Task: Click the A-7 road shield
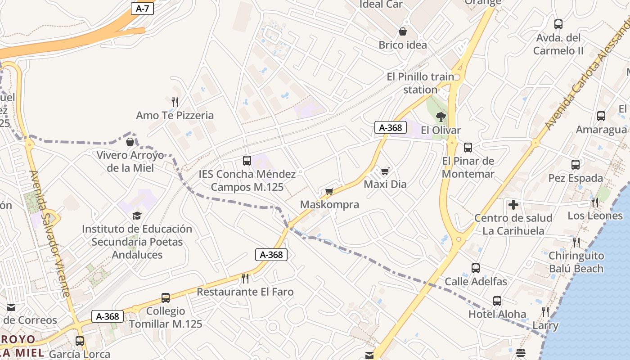tap(142, 9)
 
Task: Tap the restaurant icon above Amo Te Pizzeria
tap(175, 102)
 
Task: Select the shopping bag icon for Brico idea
tap(403, 32)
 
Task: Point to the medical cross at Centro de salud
tap(513, 205)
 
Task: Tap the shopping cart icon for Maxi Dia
tap(385, 171)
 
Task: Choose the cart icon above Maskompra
tap(329, 192)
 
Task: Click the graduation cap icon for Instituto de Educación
tap(137, 216)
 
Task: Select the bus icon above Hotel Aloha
tap(497, 301)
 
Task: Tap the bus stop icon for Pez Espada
tap(576, 165)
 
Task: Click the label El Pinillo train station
tap(421, 83)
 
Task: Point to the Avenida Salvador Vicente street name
tap(50, 234)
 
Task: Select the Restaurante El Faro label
tap(245, 292)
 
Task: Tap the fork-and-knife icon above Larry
tap(545, 312)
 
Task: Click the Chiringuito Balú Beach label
tap(576, 262)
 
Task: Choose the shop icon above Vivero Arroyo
tap(130, 142)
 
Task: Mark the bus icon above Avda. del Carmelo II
tap(558, 25)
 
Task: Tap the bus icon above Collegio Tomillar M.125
tap(166, 298)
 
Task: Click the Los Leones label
tap(595, 216)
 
